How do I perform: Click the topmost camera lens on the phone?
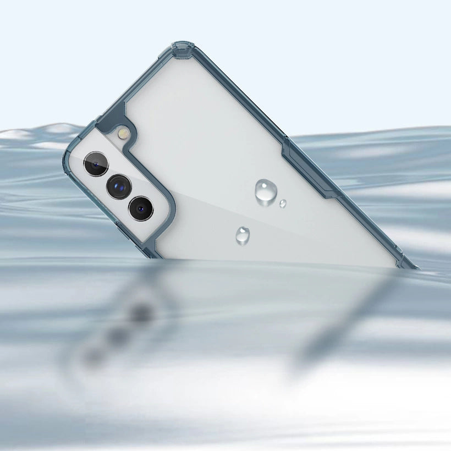click(96, 164)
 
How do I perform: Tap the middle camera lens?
click(118, 186)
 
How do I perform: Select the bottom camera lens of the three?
click(141, 208)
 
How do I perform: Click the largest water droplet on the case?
click(266, 191)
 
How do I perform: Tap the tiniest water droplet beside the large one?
click(283, 204)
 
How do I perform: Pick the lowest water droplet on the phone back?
click(243, 236)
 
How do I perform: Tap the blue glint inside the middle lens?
click(116, 188)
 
